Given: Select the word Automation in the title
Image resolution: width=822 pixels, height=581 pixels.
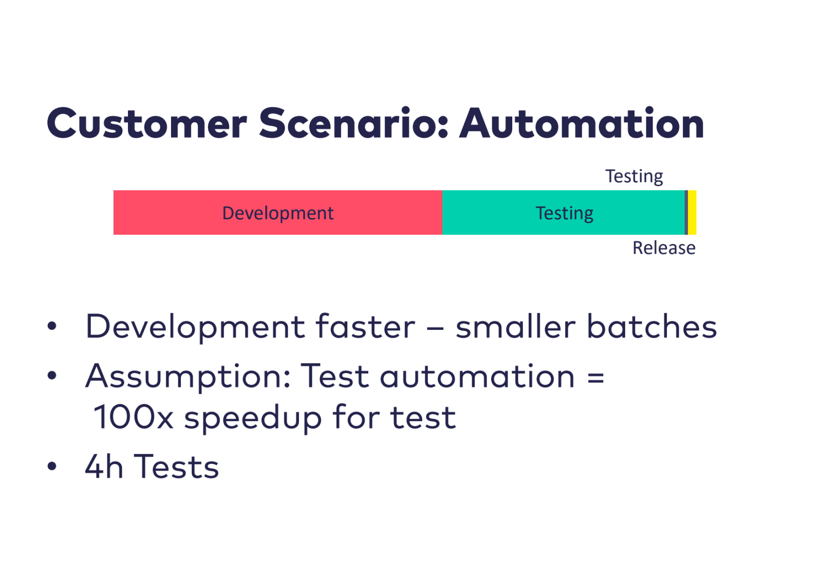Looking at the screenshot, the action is pyautogui.click(x=582, y=123).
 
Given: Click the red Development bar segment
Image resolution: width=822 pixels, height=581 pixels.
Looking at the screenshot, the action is pyautogui.click(x=278, y=213).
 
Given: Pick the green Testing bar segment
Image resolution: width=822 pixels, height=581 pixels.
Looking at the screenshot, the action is pyautogui.click(x=564, y=213).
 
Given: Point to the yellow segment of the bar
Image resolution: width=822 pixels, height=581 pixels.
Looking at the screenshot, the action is pyautogui.click(x=692, y=213).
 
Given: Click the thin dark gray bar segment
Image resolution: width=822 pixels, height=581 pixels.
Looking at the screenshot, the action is pyautogui.click(x=686, y=213).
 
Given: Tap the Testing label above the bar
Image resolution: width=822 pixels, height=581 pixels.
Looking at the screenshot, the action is pyautogui.click(x=634, y=177).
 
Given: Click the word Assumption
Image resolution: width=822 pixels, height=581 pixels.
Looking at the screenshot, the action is pyautogui.click(x=188, y=377).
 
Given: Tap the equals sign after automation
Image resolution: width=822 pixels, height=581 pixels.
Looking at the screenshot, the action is pyautogui.click(x=595, y=378).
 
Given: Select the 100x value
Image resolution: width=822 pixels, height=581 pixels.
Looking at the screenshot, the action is pyautogui.click(x=134, y=417).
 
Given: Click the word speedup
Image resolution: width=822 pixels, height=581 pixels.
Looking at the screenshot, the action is pyautogui.click(x=253, y=418).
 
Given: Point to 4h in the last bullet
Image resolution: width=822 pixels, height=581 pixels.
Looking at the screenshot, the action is pyautogui.click(x=104, y=466).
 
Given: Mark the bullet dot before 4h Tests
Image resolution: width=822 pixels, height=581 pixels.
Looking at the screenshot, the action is pyautogui.click(x=52, y=466).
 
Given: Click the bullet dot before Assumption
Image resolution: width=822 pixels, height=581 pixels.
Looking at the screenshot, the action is pyautogui.click(x=52, y=376).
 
